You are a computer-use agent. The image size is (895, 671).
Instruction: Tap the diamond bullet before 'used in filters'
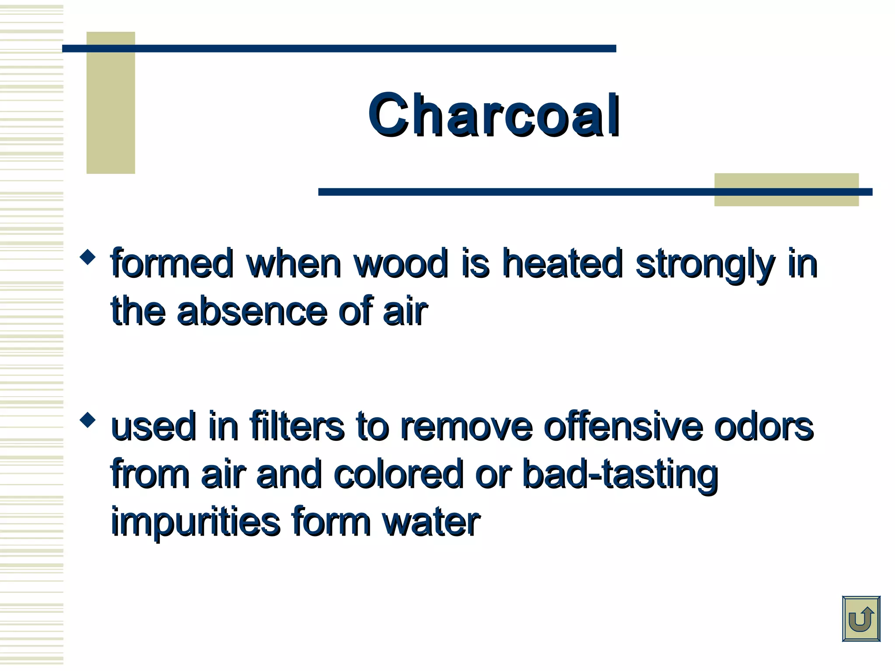pos(88,420)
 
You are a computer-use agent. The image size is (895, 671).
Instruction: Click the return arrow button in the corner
pos(860,619)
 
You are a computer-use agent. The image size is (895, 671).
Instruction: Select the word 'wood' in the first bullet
pos(401,263)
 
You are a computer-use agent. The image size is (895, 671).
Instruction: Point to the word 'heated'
pos(562,263)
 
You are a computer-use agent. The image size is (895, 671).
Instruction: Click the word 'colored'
pos(398,474)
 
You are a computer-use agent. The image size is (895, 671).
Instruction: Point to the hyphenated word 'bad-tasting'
pos(620,475)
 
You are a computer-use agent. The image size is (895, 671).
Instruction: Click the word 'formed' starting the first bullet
pos(172,263)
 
